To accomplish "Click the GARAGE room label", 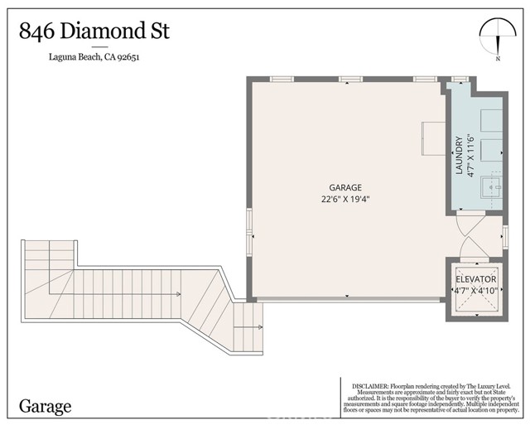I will pos(345,187).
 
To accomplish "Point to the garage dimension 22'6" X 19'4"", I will pos(345,200).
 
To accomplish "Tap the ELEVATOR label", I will pos(475,279).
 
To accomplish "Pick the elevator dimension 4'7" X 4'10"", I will pos(475,291).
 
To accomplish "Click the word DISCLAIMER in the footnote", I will pos(373,385).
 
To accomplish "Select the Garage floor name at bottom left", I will pos(46,406).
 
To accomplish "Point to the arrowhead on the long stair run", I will pos(178,294).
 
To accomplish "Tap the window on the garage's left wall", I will pos(249,232).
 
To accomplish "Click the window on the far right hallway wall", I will pos(504,236).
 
